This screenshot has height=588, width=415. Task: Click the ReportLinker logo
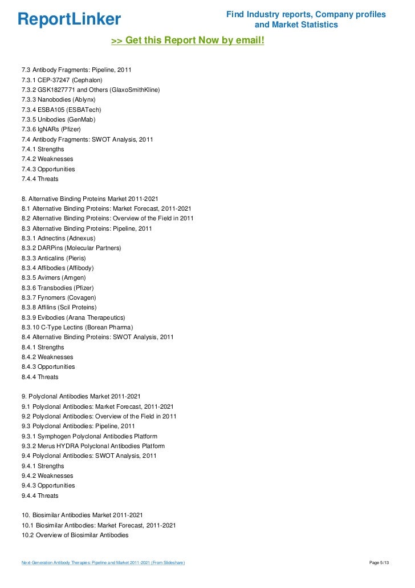(69, 19)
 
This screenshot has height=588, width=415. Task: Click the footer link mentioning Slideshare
(103, 563)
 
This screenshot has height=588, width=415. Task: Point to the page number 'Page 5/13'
(379, 563)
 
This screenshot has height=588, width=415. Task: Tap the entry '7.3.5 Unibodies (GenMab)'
(58, 119)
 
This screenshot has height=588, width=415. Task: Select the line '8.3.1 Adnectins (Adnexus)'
(58, 238)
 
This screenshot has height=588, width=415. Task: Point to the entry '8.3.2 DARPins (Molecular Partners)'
(71, 248)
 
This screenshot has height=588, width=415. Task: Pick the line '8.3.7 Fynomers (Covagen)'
(58, 297)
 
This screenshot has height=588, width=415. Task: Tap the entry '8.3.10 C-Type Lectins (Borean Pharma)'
(77, 327)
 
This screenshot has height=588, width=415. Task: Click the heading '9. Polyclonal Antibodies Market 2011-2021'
(81, 397)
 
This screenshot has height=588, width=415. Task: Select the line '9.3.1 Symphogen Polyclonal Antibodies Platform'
(89, 436)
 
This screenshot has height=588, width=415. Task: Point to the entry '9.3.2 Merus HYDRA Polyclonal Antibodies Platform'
(93, 446)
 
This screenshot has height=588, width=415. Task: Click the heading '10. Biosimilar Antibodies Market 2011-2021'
(82, 515)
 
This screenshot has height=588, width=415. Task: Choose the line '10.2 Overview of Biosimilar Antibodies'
(75, 535)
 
